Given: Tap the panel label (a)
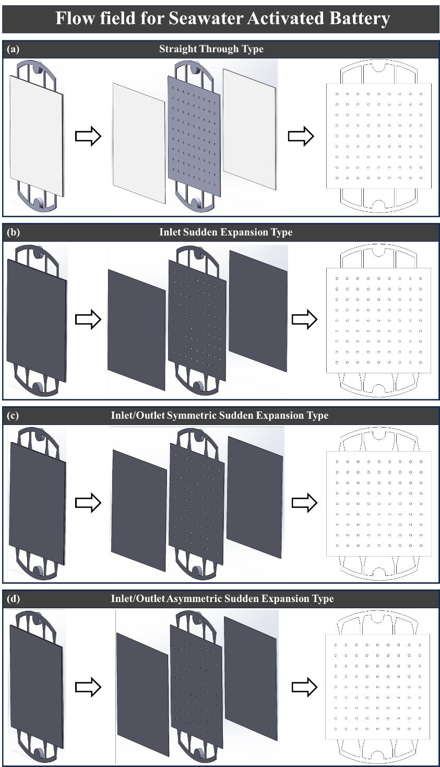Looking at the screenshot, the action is point(13,49).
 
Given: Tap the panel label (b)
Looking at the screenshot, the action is point(13,232).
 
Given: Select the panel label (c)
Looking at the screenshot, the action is point(13,416).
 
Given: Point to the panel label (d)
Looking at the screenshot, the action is point(13,599).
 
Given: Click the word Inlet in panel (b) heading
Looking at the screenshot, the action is point(170,232).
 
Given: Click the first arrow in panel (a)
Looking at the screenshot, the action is point(88,136).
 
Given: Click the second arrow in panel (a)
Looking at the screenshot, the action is point(301,136).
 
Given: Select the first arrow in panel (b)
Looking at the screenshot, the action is point(88,320).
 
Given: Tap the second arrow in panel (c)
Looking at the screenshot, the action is point(304,503).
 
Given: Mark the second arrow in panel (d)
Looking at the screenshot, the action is point(304,687).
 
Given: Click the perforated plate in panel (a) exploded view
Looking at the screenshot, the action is point(194,136).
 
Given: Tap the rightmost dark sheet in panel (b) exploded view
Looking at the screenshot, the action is point(258,311).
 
